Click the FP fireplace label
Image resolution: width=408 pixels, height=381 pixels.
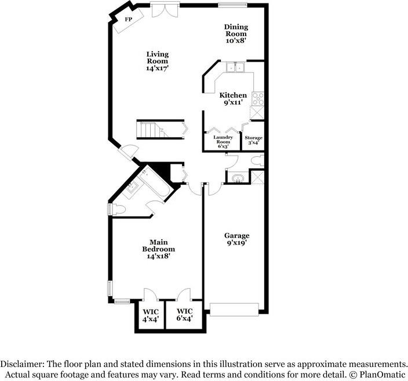[x=128, y=20]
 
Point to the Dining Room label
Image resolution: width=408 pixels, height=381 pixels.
[x=236, y=31]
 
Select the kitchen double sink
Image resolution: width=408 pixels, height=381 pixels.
[x=236, y=68]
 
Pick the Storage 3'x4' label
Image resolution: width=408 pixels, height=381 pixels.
[x=253, y=141]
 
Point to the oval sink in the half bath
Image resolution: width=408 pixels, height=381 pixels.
[x=235, y=177]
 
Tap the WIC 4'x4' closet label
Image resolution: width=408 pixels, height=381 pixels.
[x=150, y=314]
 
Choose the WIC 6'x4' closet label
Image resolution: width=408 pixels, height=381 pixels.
[x=184, y=314]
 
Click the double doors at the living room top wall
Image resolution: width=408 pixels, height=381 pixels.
[x=162, y=10]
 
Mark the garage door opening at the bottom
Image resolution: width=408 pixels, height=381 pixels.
[x=234, y=309]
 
